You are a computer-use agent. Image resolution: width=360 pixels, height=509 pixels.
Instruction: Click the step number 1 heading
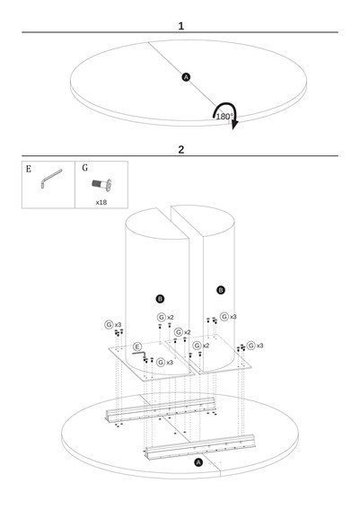[180, 26]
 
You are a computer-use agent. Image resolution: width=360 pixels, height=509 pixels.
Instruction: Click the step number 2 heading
[181, 150]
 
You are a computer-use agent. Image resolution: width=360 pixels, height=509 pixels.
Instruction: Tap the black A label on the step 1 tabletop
[186, 77]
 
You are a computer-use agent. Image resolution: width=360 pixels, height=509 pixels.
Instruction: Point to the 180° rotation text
[224, 116]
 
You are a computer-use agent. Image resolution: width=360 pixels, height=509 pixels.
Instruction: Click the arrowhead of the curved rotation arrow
[234, 125]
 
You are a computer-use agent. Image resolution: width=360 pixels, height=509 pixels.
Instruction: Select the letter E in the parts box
[29, 169]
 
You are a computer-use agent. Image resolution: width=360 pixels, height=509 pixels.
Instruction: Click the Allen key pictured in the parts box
[51, 179]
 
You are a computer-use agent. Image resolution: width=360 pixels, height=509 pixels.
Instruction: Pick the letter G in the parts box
[84, 168]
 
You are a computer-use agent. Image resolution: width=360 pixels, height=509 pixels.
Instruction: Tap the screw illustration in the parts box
[101, 185]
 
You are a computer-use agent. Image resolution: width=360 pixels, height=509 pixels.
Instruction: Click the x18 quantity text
[101, 202]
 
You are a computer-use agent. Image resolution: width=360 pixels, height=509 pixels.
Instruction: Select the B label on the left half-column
[160, 299]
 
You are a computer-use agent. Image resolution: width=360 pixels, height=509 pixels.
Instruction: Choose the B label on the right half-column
[221, 290]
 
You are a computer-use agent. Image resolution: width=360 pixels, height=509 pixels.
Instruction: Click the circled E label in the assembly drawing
[137, 347]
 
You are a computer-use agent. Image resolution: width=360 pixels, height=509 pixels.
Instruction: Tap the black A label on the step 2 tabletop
[198, 462]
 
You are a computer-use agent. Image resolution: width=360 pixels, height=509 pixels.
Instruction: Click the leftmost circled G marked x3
[109, 324]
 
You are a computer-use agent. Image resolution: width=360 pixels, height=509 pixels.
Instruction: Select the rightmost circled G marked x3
[251, 346]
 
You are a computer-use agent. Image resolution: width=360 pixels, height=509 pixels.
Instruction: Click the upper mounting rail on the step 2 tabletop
[161, 409]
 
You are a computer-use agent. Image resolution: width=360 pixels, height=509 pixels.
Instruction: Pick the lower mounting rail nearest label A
[199, 447]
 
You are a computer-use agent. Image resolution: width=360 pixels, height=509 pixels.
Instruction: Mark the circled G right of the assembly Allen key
[161, 362]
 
